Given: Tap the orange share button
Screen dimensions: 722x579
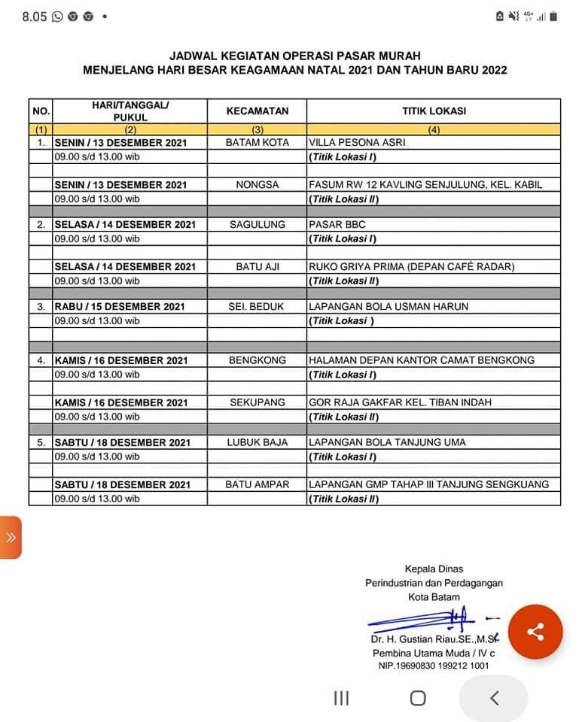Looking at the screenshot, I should (x=535, y=632).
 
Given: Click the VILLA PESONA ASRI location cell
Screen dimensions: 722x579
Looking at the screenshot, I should (x=357, y=142).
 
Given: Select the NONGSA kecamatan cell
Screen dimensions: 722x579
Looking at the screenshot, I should (x=257, y=184).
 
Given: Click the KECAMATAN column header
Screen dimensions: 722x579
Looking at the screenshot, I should (x=257, y=111).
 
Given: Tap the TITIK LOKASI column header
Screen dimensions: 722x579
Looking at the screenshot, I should (x=434, y=111).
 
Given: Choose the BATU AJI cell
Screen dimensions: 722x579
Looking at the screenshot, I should (x=257, y=266).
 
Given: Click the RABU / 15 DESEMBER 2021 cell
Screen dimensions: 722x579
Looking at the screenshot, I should (x=120, y=306).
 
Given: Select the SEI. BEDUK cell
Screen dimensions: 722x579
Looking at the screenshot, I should (x=257, y=306).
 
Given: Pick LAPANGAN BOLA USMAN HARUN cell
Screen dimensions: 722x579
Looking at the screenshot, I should (x=389, y=306).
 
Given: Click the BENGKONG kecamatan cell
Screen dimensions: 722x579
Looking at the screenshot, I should (x=257, y=360).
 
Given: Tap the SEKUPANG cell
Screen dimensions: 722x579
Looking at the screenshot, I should (x=257, y=402).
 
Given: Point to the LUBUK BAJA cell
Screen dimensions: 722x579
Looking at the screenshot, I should (x=257, y=442).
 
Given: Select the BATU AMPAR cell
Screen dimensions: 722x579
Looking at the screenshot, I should (x=257, y=484).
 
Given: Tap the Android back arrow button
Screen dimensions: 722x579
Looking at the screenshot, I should (x=494, y=698).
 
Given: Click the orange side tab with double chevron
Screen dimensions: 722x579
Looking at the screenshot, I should (x=11, y=537).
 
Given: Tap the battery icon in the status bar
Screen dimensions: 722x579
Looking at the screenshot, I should (x=553, y=16).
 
